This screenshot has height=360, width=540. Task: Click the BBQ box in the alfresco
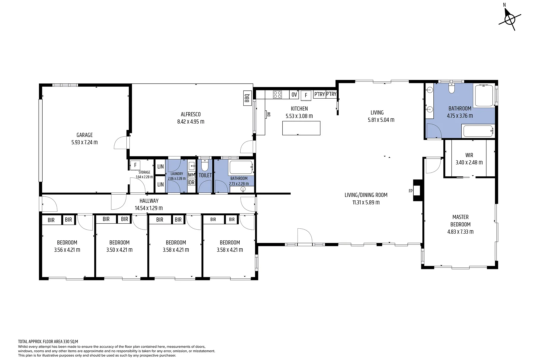(247, 98)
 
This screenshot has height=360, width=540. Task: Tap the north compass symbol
(509, 19)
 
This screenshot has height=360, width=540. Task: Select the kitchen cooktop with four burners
(277, 95)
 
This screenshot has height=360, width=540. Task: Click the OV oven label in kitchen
(294, 95)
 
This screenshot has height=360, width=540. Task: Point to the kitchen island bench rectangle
(301, 128)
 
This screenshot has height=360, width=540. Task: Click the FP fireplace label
(411, 191)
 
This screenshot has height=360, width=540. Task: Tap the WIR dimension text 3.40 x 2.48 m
(469, 163)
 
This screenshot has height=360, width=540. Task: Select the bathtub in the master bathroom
(478, 131)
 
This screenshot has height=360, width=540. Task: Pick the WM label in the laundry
(191, 175)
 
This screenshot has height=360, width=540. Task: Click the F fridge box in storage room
(135, 165)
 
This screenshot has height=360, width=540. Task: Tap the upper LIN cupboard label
(161, 167)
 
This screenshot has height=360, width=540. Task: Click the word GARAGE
(85, 135)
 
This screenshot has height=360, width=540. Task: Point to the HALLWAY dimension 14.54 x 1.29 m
(149, 208)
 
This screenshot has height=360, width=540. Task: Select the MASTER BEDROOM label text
(460, 221)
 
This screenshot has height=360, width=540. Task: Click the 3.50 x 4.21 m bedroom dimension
(119, 250)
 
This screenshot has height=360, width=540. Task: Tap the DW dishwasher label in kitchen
(269, 114)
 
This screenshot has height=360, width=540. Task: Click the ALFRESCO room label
(191, 114)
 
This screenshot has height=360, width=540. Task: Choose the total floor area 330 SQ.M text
(48, 342)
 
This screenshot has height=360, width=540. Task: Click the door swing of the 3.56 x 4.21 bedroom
(85, 223)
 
